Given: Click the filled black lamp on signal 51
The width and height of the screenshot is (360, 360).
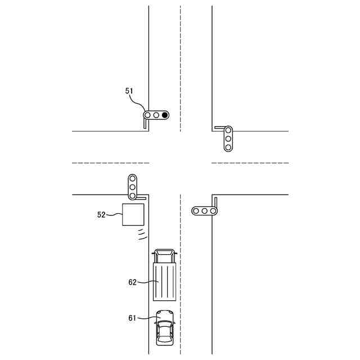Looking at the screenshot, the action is click(x=165, y=115).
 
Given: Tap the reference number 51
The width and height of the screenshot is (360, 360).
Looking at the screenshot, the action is click(x=129, y=91).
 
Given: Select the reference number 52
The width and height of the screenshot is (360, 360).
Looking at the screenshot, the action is click(x=101, y=215).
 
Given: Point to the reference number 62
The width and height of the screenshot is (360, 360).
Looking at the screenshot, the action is click(x=133, y=282).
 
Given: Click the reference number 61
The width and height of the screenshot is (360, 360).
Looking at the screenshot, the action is click(x=132, y=318).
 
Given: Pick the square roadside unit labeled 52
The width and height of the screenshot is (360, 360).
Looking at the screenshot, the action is click(x=133, y=214).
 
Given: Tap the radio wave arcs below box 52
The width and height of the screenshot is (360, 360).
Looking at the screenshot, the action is click(x=142, y=235).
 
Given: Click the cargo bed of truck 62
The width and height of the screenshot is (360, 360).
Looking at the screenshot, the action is click(x=164, y=282).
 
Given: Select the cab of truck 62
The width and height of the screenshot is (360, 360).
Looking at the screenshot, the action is click(x=164, y=256).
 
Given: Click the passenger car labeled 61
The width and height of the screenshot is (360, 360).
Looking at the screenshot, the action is click(x=165, y=327).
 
